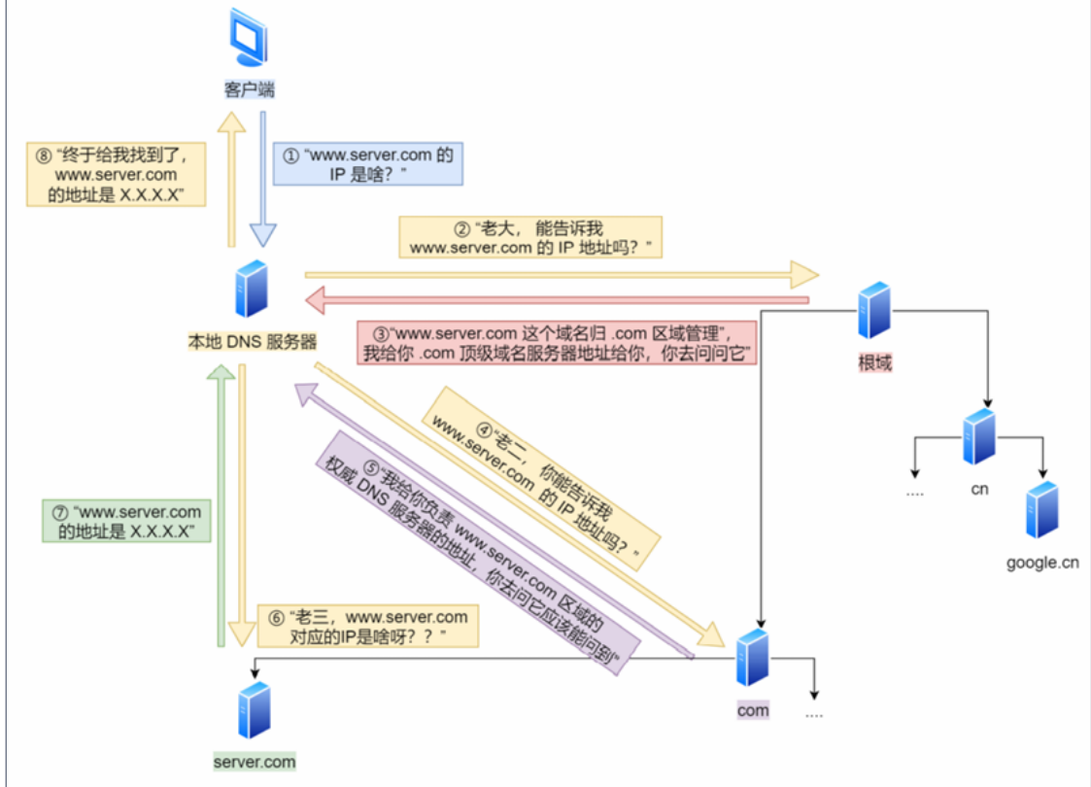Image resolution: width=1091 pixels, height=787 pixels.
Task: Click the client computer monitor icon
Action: tap(248, 40)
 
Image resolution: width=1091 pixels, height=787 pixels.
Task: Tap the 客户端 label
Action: tap(249, 89)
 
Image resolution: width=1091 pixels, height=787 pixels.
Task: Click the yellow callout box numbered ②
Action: tap(530, 237)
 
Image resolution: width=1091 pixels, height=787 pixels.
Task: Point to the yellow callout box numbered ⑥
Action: tap(367, 627)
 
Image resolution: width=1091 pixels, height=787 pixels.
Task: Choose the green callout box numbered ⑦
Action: tap(127, 521)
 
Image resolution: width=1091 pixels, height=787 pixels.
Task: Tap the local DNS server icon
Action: tap(252, 290)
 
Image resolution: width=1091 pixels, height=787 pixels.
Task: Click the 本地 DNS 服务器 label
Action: tap(252, 341)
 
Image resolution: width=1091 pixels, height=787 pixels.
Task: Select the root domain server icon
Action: tap(874, 310)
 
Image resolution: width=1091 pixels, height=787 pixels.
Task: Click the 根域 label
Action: tap(874, 363)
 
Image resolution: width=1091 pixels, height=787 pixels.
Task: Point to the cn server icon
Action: tap(978, 437)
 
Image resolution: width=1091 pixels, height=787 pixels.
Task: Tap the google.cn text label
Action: tap(1042, 563)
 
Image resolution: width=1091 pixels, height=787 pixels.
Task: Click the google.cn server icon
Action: tap(1042, 509)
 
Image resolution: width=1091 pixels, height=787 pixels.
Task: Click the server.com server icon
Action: tap(255, 710)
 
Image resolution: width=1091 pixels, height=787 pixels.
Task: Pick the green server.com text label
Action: tap(255, 762)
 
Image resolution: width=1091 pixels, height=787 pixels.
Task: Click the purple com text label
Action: tap(753, 710)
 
